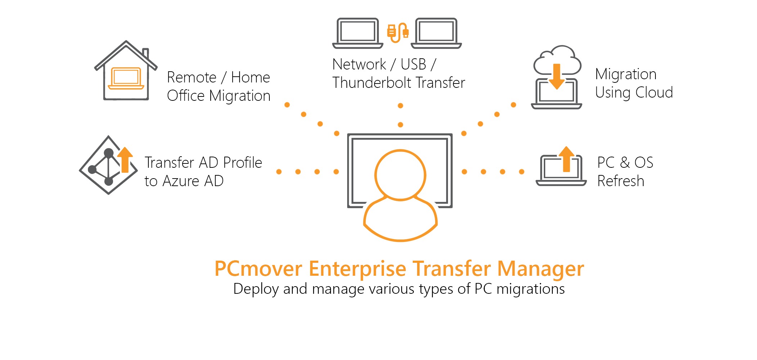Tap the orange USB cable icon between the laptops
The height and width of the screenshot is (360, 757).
[398, 32]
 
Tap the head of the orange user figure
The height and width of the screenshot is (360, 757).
[400, 175]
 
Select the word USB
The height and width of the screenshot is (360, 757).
[413, 64]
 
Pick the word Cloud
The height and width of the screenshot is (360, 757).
[654, 93]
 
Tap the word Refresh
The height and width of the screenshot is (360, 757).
[621, 181]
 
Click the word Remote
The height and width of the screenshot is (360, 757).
[192, 77]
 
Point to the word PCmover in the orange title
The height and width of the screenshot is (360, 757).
[258, 269]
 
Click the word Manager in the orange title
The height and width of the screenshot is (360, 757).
[541, 269]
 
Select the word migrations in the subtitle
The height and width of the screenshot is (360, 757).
[530, 289]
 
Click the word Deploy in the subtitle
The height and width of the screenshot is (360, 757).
[256, 289]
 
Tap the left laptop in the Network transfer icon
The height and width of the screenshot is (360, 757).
[358, 33]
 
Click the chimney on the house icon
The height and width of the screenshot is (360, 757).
[145, 54]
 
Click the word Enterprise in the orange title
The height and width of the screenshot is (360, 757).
[358, 269]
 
